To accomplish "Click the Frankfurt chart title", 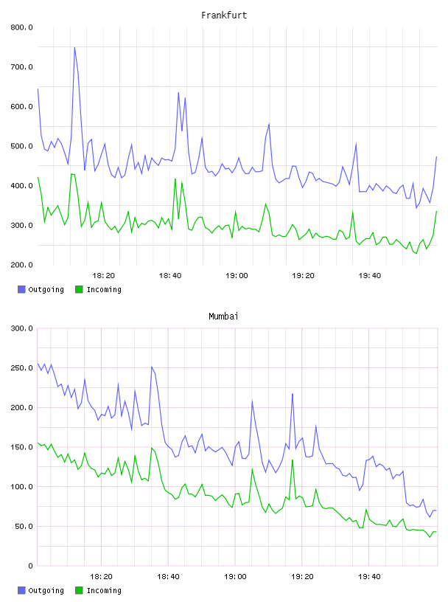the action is click(x=224, y=15).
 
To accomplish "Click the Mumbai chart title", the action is click(x=223, y=316).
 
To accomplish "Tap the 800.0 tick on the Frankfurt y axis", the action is click(x=22, y=27).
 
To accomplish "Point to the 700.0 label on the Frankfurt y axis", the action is click(x=22, y=67).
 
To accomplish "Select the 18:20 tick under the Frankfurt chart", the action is click(x=104, y=276).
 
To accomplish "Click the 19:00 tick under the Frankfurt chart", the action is click(x=237, y=276).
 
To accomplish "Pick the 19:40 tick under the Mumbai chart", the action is click(x=369, y=577).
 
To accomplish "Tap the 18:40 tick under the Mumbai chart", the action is click(x=168, y=577).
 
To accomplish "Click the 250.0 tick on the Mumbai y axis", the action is click(x=22, y=368).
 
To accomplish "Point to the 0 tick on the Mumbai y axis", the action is click(x=30, y=566).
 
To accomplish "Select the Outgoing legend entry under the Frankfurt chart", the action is click(x=41, y=289).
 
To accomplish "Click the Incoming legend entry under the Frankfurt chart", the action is click(x=98, y=289).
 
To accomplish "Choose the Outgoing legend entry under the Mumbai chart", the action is click(x=41, y=590).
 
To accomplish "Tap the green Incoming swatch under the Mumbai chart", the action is click(x=79, y=590).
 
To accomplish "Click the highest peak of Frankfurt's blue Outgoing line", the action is click(x=74, y=47).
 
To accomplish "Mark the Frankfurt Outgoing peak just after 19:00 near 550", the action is click(x=269, y=124).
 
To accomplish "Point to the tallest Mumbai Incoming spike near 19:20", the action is click(x=293, y=460).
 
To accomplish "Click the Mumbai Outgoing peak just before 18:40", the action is click(x=152, y=367).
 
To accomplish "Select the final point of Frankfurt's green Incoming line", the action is click(x=436, y=211).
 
